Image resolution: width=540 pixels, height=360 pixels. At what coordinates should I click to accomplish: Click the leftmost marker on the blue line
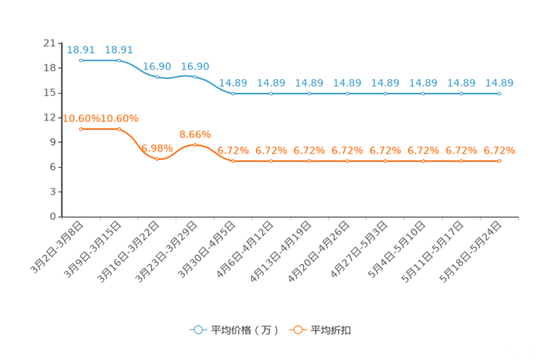(x=81, y=60)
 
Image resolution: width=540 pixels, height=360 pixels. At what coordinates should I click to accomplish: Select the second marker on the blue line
(x=119, y=60)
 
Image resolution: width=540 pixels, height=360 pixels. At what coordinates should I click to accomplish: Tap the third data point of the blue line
(x=157, y=76)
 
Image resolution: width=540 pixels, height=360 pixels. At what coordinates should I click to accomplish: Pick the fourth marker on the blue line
(x=195, y=76)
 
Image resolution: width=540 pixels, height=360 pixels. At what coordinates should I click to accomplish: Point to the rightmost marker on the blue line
(x=499, y=94)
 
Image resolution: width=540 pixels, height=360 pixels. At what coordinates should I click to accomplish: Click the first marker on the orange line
(x=81, y=128)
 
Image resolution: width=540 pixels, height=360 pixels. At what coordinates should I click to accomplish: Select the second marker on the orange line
(x=119, y=128)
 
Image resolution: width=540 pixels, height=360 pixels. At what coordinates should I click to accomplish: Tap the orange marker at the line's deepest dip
(x=157, y=158)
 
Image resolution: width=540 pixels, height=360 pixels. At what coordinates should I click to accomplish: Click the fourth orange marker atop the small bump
(x=195, y=145)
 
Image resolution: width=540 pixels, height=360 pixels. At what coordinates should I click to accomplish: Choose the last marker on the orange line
(x=499, y=160)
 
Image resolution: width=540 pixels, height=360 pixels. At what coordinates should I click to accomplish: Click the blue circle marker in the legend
(x=197, y=330)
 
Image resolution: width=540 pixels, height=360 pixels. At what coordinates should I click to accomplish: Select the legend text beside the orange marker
(x=331, y=330)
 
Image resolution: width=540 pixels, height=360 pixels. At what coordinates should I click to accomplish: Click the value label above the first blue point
(x=81, y=49)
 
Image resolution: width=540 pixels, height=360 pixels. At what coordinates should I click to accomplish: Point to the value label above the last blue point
(x=499, y=83)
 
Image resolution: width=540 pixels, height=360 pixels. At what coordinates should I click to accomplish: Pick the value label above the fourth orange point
(x=195, y=134)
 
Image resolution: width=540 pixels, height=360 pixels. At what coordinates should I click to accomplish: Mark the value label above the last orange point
(x=499, y=150)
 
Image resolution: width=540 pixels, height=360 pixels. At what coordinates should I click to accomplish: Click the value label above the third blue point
(x=157, y=66)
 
